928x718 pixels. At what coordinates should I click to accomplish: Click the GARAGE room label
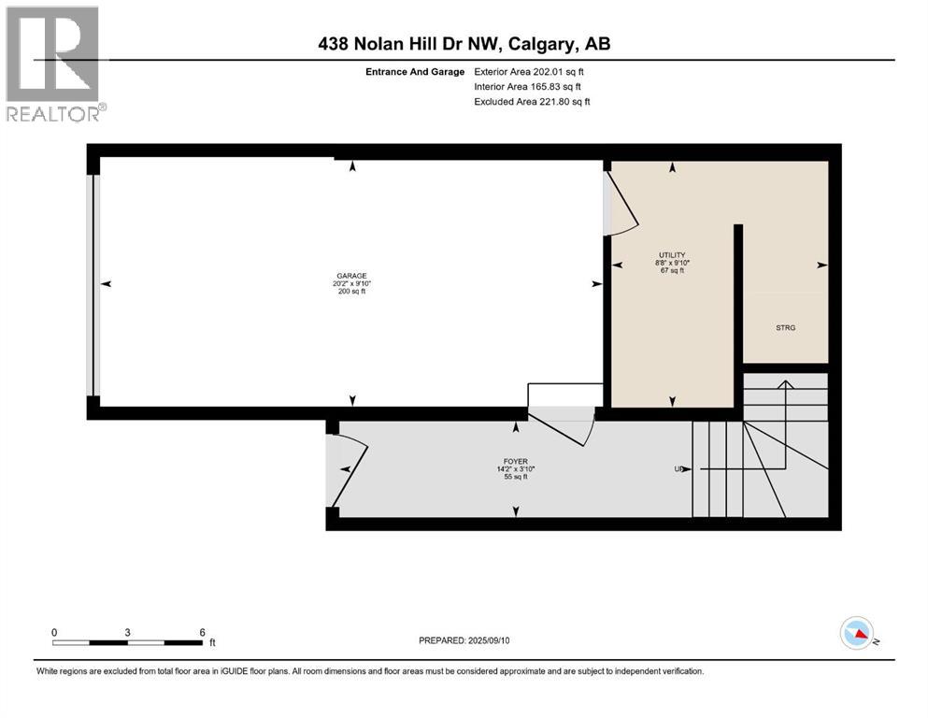(351, 276)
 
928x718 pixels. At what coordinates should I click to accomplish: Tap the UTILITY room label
(672, 255)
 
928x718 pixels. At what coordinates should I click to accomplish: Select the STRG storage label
(786, 328)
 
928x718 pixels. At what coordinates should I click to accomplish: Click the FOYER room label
(515, 461)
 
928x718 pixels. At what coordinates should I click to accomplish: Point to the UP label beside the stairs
(679, 469)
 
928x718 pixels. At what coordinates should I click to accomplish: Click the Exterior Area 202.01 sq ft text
(530, 71)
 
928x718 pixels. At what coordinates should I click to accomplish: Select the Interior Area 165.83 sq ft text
(529, 86)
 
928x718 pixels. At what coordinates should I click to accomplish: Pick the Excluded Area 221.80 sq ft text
(532, 101)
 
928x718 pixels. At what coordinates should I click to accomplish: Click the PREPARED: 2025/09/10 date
(465, 640)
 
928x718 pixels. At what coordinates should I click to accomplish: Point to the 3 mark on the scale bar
(127, 632)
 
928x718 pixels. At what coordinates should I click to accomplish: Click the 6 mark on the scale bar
(202, 632)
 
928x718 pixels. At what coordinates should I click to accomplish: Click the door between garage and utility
(621, 201)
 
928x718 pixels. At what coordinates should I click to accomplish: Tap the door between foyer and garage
(562, 425)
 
